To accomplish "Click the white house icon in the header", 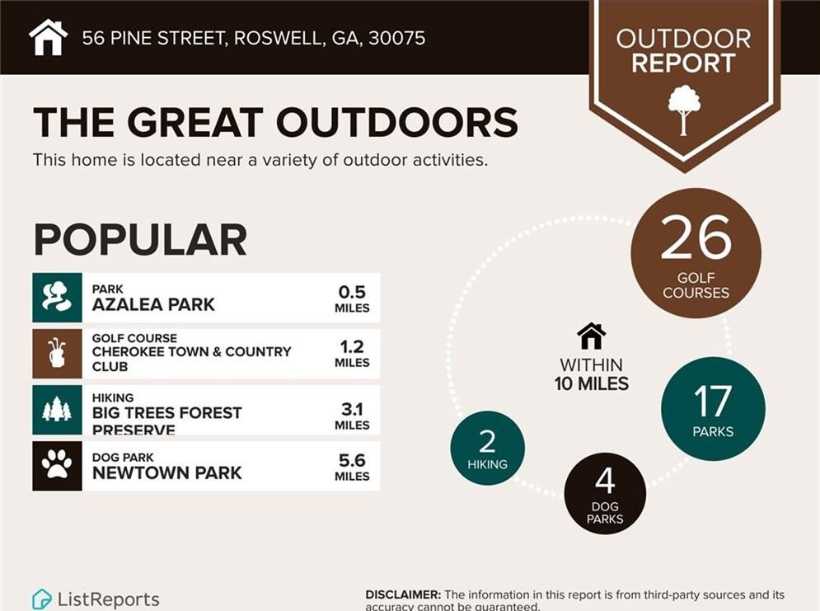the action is point(48,37).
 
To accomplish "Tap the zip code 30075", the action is point(397,38).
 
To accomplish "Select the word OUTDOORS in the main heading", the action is point(397,122).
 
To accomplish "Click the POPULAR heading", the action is point(140,240).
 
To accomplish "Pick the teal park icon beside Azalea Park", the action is point(57,297).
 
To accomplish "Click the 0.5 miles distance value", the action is point(352,298).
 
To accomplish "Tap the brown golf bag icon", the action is point(57,354).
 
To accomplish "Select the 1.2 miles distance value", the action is point(352,354).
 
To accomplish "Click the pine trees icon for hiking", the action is point(57,410).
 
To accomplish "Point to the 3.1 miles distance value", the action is point(352,416).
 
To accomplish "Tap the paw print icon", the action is point(57,466).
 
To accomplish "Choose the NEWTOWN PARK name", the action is point(166,473).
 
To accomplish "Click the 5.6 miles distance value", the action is point(352,468).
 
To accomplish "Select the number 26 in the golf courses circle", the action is point(696,237).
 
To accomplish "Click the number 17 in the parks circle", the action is point(713,402).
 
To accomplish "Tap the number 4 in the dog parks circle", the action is point(605,482).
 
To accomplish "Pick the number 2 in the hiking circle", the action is point(487,441).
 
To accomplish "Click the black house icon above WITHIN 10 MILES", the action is point(592,336).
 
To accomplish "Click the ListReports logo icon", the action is point(42,599).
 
